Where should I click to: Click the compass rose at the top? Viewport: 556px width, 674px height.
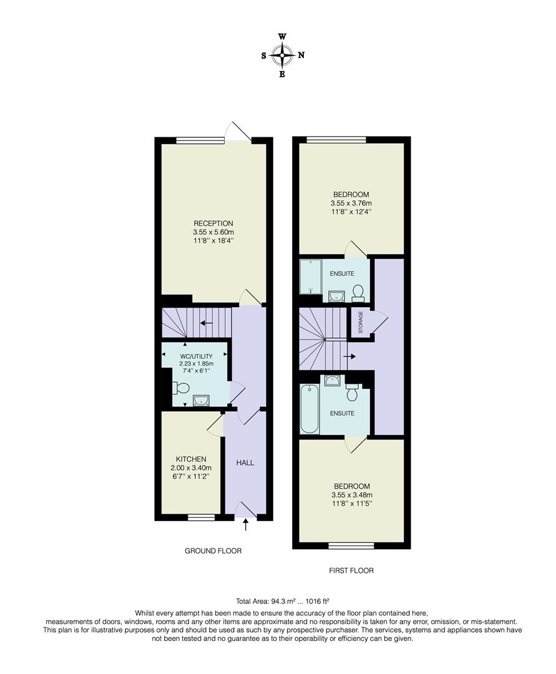click(x=282, y=56)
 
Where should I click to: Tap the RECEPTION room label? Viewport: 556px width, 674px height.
click(x=213, y=223)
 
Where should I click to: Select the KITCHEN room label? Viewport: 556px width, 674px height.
click(x=191, y=459)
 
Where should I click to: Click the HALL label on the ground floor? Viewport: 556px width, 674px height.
click(x=245, y=463)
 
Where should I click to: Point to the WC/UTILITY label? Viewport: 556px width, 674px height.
click(x=193, y=356)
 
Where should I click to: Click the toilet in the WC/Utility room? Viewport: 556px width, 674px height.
click(x=180, y=388)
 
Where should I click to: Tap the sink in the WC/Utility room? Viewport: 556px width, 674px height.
click(x=202, y=400)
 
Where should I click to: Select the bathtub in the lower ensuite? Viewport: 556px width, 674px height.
click(x=310, y=409)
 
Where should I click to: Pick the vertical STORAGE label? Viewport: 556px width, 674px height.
click(x=360, y=322)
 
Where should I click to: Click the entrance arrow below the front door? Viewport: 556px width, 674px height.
click(x=245, y=525)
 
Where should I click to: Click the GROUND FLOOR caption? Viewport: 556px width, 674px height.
click(x=213, y=551)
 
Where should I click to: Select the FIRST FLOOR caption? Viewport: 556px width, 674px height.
click(x=351, y=570)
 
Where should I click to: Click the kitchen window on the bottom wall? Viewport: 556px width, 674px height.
click(x=201, y=517)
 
